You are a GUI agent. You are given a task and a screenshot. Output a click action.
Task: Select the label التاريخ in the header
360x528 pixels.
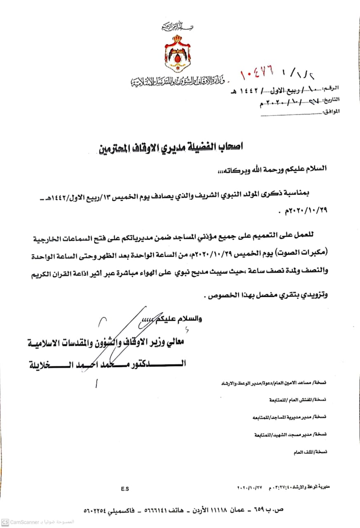[331, 100]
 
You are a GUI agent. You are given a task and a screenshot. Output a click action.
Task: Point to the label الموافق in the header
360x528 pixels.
[331, 111]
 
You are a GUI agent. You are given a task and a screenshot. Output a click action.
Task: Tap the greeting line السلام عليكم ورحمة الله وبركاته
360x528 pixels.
[279, 169]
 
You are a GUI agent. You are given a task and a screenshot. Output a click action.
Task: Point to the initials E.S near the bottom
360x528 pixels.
[125, 489]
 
